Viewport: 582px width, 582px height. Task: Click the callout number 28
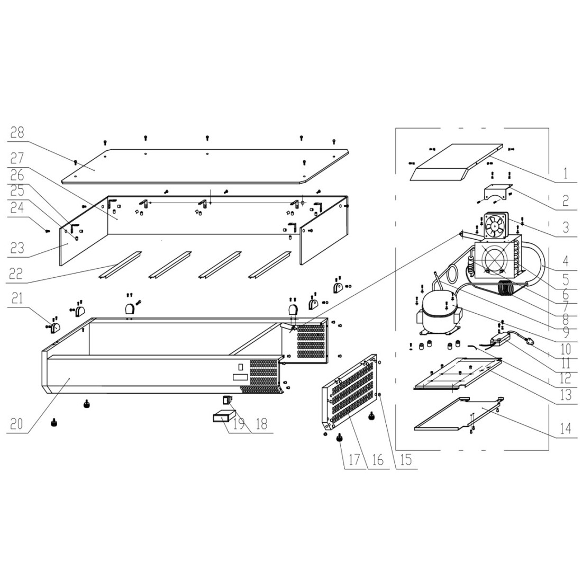click(17, 132)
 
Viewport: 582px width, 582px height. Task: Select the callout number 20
click(16, 423)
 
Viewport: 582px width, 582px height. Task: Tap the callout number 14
click(565, 429)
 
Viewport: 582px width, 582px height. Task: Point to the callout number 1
click(566, 173)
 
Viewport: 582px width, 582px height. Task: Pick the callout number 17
click(354, 459)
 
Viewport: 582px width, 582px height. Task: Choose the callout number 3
click(566, 227)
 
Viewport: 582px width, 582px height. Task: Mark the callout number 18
click(261, 423)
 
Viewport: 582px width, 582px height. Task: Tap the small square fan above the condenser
click(495, 225)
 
